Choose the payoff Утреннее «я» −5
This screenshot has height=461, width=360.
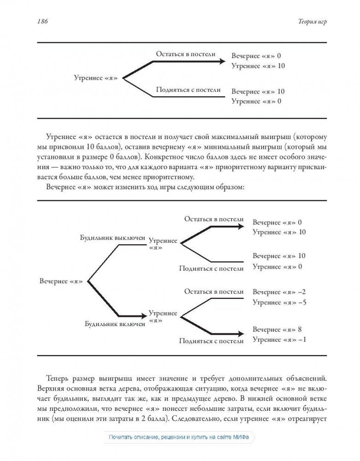279,303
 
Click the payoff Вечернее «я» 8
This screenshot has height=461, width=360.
277,330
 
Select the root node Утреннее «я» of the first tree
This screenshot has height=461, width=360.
95,78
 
